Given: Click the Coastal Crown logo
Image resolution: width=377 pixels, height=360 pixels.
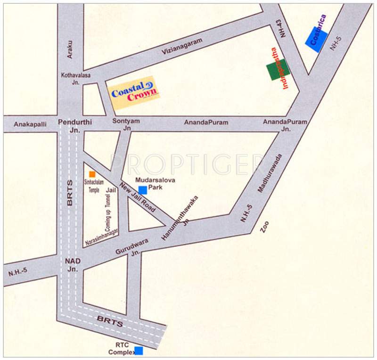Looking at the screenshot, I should point(133,93).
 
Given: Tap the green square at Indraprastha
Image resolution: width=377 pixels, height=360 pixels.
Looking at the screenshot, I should point(278,70).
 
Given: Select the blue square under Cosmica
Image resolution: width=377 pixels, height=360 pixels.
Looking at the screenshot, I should point(316,39).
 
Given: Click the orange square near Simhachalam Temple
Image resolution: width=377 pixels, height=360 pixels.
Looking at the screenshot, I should point(92,174).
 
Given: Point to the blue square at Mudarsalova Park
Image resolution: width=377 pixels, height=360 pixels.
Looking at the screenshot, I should point(142,189).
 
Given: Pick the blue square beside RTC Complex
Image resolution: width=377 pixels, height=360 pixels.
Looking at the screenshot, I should point(139,351).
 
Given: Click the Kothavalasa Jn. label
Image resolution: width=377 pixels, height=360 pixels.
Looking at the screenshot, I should point(75,78).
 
